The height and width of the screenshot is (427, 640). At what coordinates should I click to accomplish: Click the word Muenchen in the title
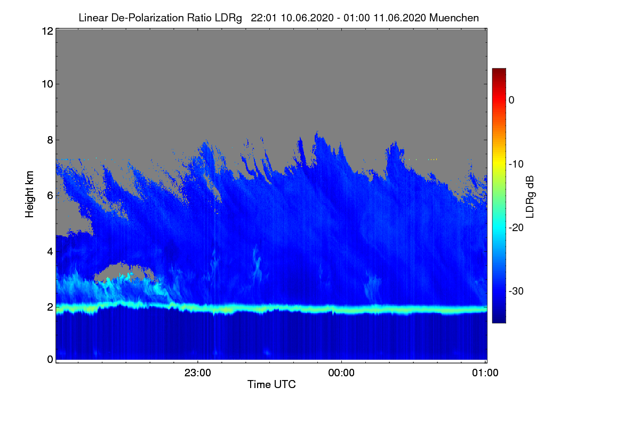[x=454, y=18]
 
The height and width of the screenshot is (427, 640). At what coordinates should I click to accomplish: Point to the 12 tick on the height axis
[x=46, y=31]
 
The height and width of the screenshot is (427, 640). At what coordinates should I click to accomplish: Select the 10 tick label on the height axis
[x=46, y=84]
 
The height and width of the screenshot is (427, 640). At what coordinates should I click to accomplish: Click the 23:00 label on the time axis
[x=198, y=373]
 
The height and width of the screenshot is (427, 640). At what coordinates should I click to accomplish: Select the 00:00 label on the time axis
[x=341, y=373]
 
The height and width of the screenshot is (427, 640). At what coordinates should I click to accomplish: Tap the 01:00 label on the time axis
[x=485, y=373]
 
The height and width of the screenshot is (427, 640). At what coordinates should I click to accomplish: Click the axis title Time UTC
[x=271, y=384]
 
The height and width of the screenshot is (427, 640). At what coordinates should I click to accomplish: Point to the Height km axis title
[x=30, y=195]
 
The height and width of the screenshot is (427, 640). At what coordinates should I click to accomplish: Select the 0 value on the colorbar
[x=511, y=100]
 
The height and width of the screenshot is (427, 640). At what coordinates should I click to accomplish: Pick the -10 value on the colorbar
[x=515, y=164]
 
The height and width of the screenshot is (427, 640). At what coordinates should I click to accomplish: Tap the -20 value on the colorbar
[x=515, y=227]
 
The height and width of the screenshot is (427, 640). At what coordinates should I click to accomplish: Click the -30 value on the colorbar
[x=515, y=291]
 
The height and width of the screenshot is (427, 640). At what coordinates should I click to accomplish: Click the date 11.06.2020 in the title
[x=400, y=18]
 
